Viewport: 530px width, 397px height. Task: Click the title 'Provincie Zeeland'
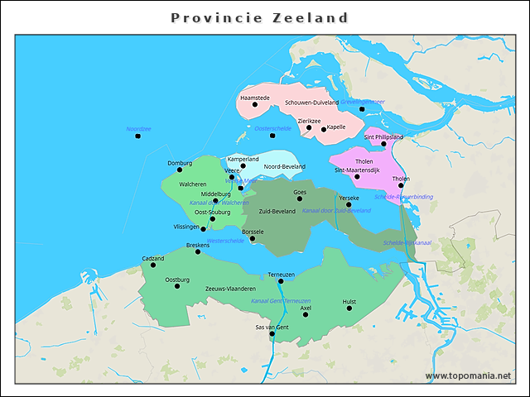point(259,17)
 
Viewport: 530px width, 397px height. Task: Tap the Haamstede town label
point(254,98)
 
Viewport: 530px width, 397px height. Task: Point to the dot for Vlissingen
point(204,228)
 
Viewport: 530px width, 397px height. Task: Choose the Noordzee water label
point(138,129)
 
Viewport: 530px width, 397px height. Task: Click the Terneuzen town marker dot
point(281,281)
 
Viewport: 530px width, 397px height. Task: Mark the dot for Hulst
point(349,309)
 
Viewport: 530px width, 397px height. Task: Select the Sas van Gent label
point(272,328)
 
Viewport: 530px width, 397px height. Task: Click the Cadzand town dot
point(153,265)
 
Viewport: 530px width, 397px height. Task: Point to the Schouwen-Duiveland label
point(311,103)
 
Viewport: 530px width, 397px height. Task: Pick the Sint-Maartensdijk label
point(357,170)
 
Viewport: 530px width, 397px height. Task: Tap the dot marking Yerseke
point(349,205)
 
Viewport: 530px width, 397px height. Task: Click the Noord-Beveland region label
point(284,166)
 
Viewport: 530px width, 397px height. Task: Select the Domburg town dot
point(180,170)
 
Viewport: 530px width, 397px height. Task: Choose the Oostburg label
point(177,280)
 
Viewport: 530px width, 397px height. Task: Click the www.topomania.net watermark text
point(468,375)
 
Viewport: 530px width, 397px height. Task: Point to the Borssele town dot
point(253,239)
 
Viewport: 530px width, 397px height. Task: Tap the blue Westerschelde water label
point(225,241)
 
